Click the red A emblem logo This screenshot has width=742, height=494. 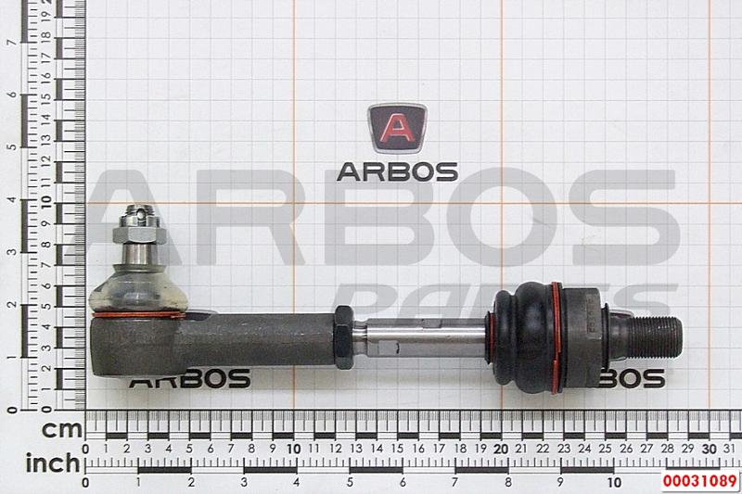[397, 128]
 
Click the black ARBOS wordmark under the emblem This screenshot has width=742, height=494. [398, 172]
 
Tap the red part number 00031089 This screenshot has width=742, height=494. [700, 481]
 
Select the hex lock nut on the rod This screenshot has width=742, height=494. [344, 336]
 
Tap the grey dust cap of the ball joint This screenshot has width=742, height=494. [138, 289]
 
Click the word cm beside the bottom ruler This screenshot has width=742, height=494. [62, 430]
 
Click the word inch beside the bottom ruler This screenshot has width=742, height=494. [53, 463]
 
